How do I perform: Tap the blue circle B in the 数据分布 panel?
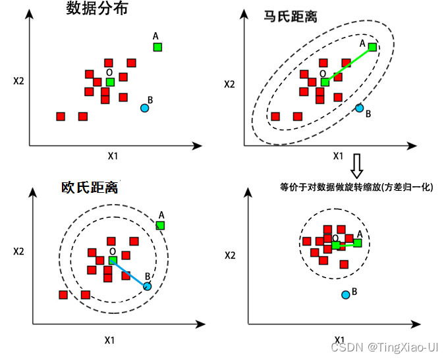pos(145,107)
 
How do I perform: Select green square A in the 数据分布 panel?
pos(157,47)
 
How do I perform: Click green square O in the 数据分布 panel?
pos(110,82)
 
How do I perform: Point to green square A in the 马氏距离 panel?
pos(373,47)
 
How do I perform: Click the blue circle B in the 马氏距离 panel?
pos(360,108)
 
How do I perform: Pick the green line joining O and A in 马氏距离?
pos(349,64)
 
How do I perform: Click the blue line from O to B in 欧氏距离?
pos(129,273)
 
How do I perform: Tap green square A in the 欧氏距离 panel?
pos(160,225)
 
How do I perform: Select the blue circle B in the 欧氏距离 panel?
pos(147,286)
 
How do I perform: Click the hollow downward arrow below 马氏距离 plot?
pos(356,167)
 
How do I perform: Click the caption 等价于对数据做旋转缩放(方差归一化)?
pos(356,187)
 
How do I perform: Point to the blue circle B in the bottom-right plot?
pos(346,294)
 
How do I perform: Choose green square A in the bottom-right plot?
pos(357,243)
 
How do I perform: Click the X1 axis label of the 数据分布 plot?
pos(113,157)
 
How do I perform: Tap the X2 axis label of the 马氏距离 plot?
pos(229,84)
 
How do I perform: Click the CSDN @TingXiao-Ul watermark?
pos(384,346)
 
